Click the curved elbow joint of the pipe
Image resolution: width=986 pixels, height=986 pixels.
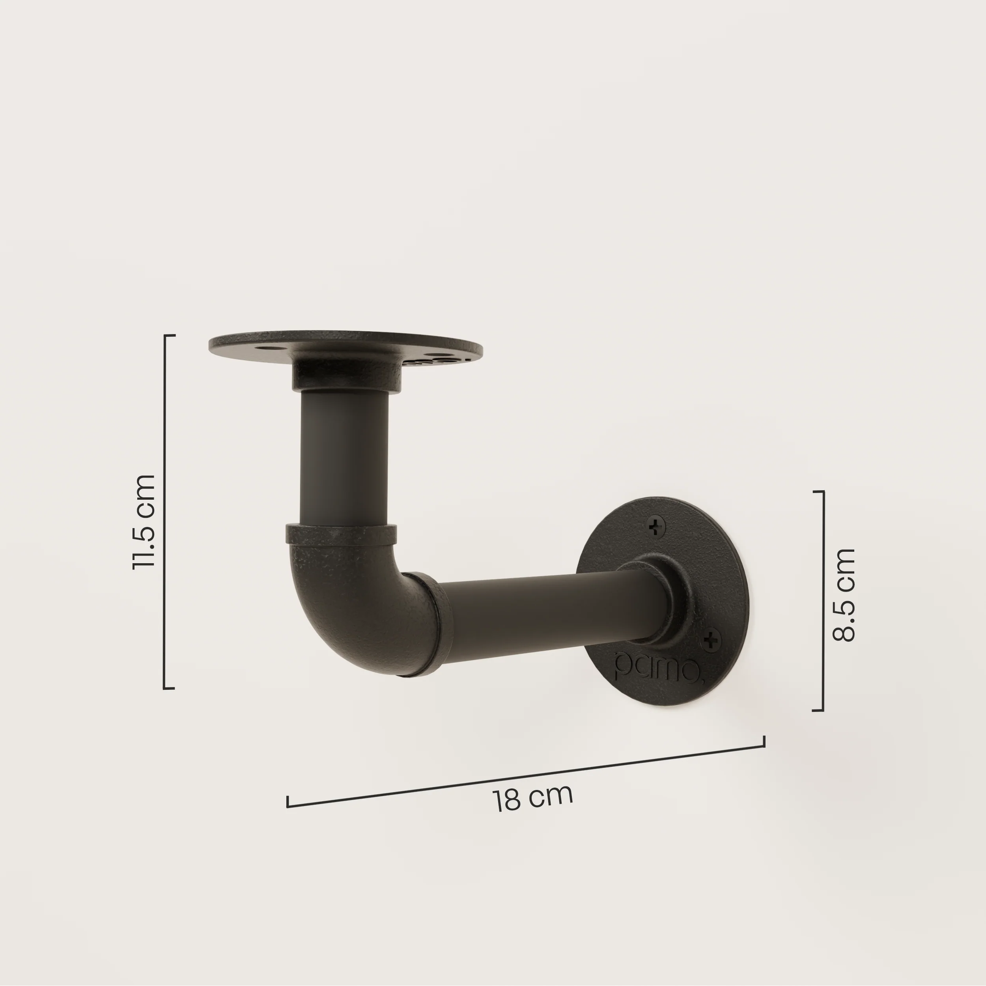357,607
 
